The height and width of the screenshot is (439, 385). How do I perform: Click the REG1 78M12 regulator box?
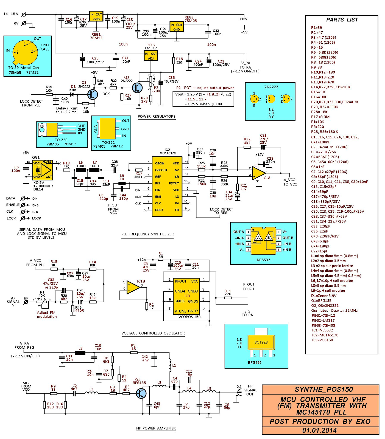(96, 16)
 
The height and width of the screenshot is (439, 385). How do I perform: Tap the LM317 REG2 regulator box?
(151, 56)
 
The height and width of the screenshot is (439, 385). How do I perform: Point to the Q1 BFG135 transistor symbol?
(141, 393)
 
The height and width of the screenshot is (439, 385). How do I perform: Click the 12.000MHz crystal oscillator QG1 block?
(43, 170)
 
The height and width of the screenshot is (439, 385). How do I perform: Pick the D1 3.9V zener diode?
(72, 94)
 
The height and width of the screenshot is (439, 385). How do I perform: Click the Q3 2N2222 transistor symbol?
(137, 88)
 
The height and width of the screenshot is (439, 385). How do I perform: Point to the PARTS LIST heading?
(342, 20)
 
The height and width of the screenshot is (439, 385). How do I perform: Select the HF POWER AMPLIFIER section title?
(156, 428)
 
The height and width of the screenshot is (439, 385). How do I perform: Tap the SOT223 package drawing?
(261, 342)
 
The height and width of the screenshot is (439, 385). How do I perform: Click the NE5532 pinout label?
(263, 260)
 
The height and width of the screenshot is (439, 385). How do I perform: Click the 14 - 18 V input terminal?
(24, 14)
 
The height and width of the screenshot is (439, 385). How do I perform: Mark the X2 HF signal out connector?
(239, 392)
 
